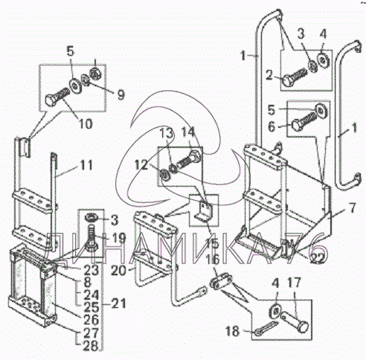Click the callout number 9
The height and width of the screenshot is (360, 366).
coord(121,94)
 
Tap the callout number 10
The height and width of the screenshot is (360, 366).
coord(86,123)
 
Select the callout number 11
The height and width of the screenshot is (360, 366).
coord(86,165)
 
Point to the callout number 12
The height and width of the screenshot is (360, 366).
coord(141,165)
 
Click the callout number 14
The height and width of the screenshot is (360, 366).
coord(188,132)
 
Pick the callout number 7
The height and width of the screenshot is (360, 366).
coord(352,208)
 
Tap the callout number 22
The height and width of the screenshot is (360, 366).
coord(318,259)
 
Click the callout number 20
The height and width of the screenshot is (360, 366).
coord(118,271)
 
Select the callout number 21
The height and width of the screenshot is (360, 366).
coord(118,303)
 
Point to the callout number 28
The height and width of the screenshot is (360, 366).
coord(91,346)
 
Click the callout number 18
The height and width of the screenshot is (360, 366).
coord(232,331)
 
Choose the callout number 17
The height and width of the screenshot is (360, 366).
coord(294,283)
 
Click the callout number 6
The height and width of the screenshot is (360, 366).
coord(272,127)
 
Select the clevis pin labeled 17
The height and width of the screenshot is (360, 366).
coord(295,321)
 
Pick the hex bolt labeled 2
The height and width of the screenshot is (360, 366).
coord(295,76)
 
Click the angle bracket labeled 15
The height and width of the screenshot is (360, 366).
coord(205,210)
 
